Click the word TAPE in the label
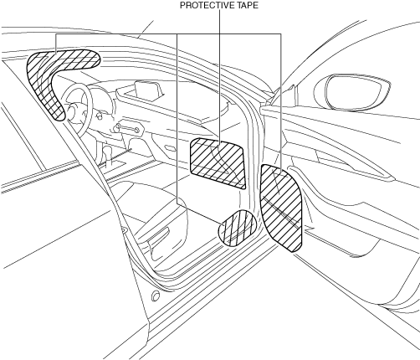[x=248, y=5]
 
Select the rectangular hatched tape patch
[x=218, y=163]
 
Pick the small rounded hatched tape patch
[x=237, y=229]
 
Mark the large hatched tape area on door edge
[x=282, y=208]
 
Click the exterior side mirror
[x=352, y=92]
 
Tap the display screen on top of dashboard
[x=148, y=89]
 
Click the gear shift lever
[x=106, y=156]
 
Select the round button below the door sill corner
[x=156, y=296]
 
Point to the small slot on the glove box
[x=170, y=147]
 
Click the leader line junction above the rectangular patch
[x=219, y=34]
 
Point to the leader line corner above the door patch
[x=280, y=34]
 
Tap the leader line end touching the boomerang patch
[x=56, y=53]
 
